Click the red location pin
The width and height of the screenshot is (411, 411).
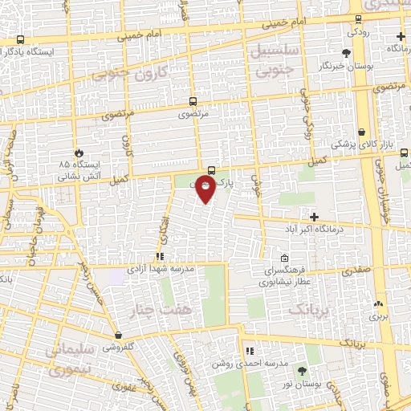[206, 189]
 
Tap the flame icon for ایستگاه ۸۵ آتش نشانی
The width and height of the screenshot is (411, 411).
[79, 153]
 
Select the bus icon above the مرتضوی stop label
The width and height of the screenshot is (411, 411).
[192, 102]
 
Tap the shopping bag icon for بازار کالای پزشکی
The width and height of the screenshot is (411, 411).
[362, 132]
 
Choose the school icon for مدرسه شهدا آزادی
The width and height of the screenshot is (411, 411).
[159, 257]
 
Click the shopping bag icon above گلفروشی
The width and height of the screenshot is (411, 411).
[119, 336]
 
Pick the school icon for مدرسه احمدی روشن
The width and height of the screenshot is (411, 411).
[250, 351]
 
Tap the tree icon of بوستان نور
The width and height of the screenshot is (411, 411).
[302, 371]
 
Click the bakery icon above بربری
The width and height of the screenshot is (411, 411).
[378, 304]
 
